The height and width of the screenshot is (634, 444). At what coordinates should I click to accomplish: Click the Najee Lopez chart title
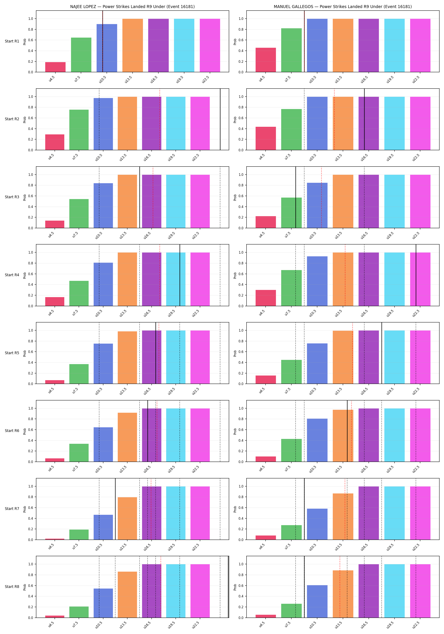click(132, 7)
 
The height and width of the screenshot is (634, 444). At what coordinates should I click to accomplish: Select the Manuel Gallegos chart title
click(343, 7)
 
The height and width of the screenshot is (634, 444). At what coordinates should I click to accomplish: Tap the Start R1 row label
click(12, 41)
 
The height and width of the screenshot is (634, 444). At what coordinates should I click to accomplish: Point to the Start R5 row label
click(12, 353)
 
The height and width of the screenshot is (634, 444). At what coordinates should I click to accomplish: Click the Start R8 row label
click(12, 586)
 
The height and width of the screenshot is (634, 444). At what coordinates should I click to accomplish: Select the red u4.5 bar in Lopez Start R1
click(55, 67)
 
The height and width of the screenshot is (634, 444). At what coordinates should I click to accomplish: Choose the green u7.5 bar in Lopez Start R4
click(79, 293)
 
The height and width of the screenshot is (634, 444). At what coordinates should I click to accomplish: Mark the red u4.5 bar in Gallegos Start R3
click(266, 222)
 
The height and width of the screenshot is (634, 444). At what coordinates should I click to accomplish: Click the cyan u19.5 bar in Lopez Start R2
click(176, 123)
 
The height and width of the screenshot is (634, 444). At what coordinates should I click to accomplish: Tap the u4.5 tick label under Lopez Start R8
click(51, 624)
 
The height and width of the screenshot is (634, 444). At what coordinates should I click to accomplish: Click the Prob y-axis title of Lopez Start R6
click(25, 431)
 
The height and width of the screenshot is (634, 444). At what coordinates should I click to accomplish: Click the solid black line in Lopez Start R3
click(140, 197)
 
